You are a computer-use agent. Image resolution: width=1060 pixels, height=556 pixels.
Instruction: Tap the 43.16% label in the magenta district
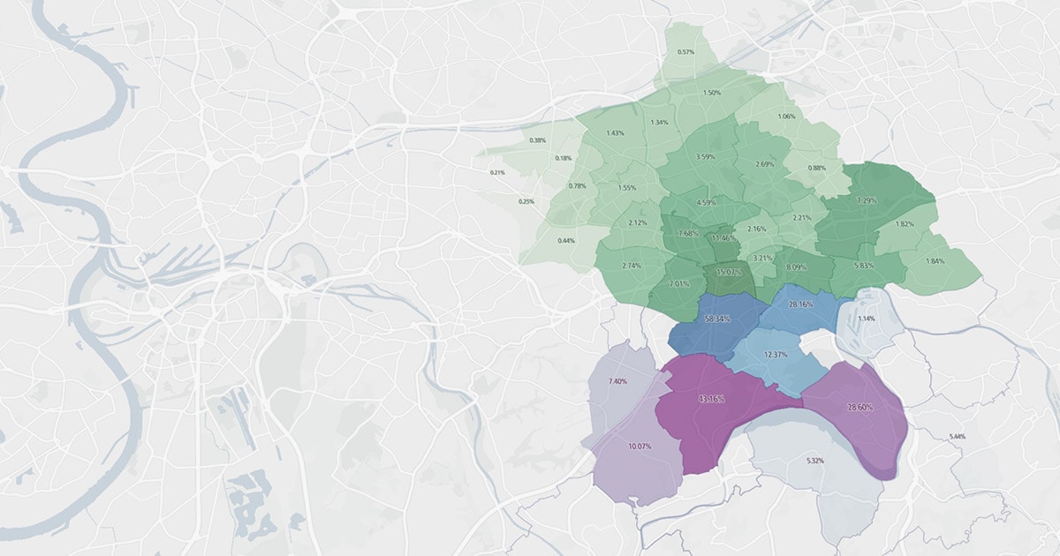coord(712,399)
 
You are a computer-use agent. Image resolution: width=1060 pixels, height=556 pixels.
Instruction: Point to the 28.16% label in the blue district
coord(800,304)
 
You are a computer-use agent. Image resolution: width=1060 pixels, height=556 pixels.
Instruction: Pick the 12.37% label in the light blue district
coord(775,355)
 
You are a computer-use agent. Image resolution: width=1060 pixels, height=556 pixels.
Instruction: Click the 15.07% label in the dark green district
coord(729,273)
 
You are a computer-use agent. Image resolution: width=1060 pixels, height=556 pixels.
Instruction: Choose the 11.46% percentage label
coord(723,238)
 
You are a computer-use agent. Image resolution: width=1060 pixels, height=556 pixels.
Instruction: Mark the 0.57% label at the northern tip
coord(685,52)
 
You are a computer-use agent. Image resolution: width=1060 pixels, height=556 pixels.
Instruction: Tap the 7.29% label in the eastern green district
coord(868,200)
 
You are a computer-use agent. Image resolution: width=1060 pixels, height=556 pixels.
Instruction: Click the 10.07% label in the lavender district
coord(638,447)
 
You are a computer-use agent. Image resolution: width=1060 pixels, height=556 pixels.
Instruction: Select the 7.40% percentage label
coord(617,381)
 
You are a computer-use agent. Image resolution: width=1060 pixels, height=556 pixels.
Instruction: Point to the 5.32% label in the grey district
coord(815,462)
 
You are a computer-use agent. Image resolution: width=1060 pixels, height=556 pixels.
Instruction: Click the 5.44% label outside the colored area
coord(957,437)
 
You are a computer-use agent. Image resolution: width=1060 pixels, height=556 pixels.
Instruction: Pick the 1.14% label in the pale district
coord(867,319)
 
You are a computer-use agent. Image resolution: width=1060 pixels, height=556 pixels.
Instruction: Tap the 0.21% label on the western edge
coord(497,172)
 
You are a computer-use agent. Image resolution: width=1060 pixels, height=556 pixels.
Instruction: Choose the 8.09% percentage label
coord(796,267)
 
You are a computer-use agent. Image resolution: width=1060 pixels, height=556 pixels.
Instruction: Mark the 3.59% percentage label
coord(705,157)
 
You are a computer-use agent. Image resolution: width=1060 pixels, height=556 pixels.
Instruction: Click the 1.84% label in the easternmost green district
coord(935,260)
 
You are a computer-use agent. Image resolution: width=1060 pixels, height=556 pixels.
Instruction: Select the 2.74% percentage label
coord(632,266)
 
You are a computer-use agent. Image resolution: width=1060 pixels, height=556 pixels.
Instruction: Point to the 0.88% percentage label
coord(817,169)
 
